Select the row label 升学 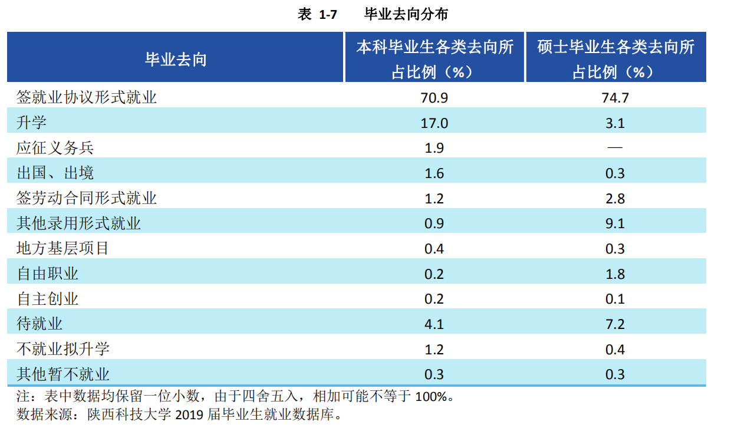pos(32,123)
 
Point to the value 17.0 pos(434,123)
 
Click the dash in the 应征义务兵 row pos(615,148)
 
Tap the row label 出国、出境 pos(55,173)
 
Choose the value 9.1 pos(615,223)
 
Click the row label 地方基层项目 pos(62,248)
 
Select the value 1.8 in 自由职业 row pos(615,274)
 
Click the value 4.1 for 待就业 pos(434,324)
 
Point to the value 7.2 pos(615,324)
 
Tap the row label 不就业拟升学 pos(62,349)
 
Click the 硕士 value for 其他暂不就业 pos(615,374)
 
